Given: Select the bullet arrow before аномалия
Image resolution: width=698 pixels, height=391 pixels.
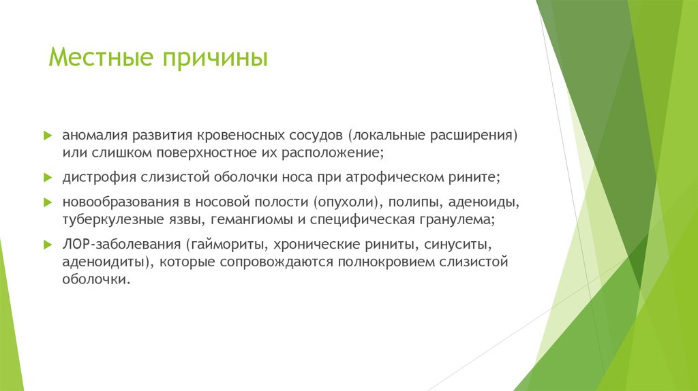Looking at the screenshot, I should click(47, 135).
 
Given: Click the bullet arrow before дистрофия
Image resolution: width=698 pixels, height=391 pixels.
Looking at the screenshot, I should click(47, 177).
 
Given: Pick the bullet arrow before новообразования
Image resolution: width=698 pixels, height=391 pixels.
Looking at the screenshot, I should click(47, 203).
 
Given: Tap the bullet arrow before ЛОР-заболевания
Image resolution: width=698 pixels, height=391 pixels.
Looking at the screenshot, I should click(47, 245).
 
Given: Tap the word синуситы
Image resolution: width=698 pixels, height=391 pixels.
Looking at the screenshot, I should click(458, 245).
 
